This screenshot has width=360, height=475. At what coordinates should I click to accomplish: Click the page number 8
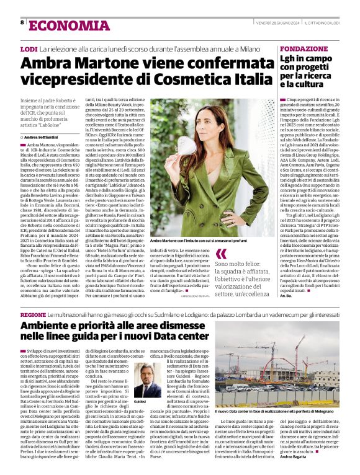click(22, 23)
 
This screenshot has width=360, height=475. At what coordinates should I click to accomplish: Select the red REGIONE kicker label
click(33, 314)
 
